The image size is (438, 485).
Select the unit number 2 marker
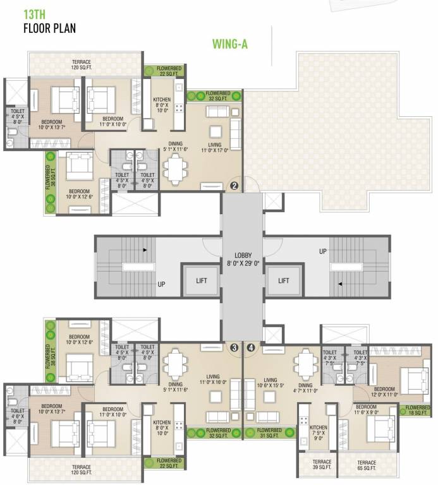point(234,186)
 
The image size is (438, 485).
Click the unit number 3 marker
point(234,347)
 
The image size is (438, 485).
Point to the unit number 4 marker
point(251,347)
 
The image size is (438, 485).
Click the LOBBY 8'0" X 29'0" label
point(242,260)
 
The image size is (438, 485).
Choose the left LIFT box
point(200,280)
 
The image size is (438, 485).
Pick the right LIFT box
point(284,280)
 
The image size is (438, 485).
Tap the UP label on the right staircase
point(322,251)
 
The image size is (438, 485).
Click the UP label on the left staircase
point(161,284)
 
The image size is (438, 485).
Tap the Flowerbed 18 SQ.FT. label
point(417,410)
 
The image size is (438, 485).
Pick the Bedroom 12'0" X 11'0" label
point(384,392)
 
